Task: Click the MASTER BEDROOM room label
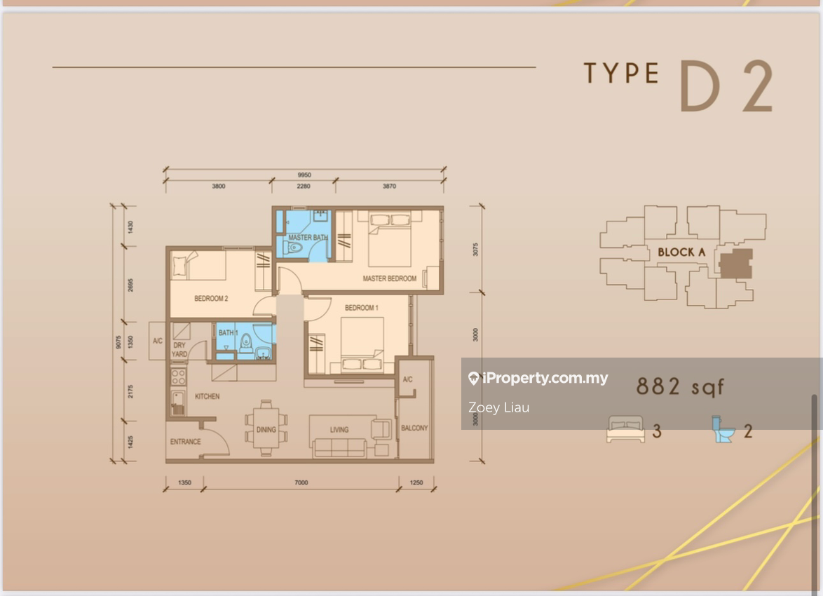(390, 278)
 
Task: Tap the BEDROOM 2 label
(211, 298)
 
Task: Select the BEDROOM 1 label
(361, 308)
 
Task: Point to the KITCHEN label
(208, 396)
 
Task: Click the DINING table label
(266, 430)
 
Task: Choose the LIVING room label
(339, 430)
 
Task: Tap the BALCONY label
(414, 428)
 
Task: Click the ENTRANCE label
(185, 442)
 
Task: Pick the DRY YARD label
(179, 350)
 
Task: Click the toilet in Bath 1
(245, 344)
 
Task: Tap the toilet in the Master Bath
(295, 248)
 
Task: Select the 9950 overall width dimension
(304, 175)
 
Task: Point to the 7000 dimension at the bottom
(301, 482)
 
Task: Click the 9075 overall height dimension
(118, 342)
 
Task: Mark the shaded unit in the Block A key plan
(735, 264)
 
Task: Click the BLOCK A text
(681, 252)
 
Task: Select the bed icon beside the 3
(625, 429)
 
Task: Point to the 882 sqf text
(680, 386)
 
